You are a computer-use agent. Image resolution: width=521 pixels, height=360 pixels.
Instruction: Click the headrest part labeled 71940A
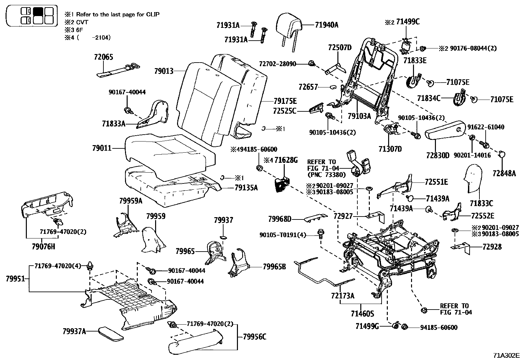coord(289,28)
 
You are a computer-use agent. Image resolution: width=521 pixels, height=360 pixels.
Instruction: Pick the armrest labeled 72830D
coord(445,133)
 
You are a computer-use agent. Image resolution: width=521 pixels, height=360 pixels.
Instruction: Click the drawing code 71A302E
coord(507,355)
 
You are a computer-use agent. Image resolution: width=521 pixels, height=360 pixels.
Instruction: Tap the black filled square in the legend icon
coord(38,11)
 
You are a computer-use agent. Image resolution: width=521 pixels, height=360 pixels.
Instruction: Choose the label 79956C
coord(255,336)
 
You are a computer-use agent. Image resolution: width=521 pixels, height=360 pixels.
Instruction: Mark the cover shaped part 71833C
coord(474,179)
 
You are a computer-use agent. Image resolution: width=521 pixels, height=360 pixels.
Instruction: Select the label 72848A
coord(504,173)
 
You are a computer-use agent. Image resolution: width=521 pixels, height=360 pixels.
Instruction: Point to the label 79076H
coord(44,246)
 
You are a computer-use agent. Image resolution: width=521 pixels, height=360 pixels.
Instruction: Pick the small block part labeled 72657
coord(333,87)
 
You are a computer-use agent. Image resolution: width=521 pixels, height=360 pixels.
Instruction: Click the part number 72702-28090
coord(277,63)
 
